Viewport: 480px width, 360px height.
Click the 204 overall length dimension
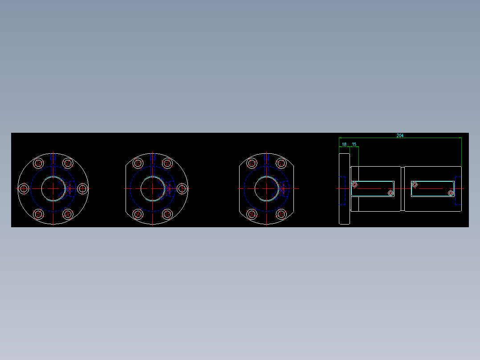click(x=400, y=135)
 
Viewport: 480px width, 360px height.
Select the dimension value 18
click(x=344, y=144)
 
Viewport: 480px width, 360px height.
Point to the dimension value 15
click(x=354, y=144)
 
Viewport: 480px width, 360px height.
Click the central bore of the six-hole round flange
click(x=53, y=188)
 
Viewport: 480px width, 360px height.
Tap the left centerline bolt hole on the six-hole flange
click(x=23, y=189)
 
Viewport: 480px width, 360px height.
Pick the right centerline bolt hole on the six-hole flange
click(x=82, y=189)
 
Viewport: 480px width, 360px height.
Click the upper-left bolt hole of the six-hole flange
click(x=38, y=163)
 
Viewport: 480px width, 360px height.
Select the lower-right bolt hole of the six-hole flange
click(x=68, y=214)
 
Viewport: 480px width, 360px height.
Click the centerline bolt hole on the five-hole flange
click(x=182, y=189)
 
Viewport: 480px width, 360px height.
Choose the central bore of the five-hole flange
click(x=152, y=188)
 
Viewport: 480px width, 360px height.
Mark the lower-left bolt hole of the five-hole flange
click(x=138, y=214)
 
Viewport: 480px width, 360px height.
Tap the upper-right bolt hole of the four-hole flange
click(x=281, y=163)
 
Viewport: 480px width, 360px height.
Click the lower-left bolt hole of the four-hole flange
click(x=252, y=214)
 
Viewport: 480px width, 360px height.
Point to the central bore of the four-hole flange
click(x=266, y=188)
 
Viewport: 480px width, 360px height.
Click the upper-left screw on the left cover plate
click(x=355, y=184)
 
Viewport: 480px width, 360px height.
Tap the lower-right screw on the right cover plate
click(x=451, y=193)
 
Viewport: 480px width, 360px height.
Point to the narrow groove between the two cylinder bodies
click(x=403, y=188)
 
